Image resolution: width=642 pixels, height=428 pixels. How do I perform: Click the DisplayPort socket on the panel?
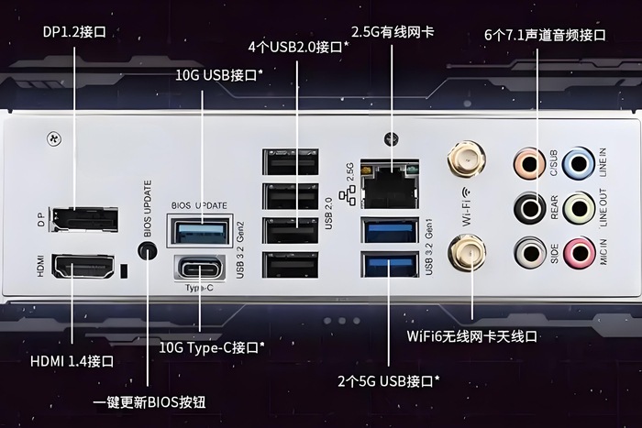point(84,219)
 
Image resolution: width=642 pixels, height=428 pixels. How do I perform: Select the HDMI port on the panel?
point(83,267)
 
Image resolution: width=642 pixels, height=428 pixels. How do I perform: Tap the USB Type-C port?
point(200,269)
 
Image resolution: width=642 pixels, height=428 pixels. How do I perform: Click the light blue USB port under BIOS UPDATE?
point(200,231)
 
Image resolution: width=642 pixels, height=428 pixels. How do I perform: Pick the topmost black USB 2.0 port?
point(291,162)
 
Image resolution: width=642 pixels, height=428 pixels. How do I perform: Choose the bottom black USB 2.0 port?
point(291,265)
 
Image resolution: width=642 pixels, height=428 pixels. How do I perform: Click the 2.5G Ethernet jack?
point(390,184)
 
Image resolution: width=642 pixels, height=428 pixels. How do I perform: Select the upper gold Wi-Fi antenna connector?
point(466,159)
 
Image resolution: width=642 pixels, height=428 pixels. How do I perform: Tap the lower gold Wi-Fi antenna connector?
point(467,253)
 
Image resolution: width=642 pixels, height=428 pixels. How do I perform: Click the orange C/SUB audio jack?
point(529,164)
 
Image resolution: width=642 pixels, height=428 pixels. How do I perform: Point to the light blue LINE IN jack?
point(578,164)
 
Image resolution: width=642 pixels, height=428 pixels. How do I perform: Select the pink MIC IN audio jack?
point(579,253)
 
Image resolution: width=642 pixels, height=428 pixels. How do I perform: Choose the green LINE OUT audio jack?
point(579,209)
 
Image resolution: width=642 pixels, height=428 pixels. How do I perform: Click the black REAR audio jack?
point(530,209)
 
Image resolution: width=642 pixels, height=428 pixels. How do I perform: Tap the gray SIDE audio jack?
point(530,253)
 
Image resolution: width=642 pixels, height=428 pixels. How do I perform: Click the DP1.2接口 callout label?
point(74,31)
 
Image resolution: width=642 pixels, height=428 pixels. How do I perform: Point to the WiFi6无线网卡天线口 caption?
point(471,336)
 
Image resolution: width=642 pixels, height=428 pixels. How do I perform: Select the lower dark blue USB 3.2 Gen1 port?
point(390,265)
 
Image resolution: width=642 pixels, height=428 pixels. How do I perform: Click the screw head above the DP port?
point(54,139)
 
